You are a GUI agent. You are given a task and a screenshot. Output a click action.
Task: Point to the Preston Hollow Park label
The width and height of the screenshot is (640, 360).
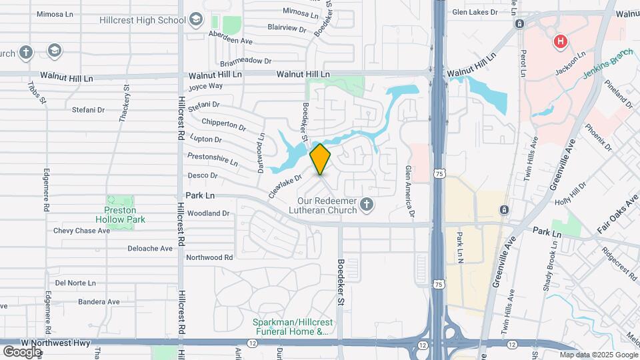(x=125, y=214)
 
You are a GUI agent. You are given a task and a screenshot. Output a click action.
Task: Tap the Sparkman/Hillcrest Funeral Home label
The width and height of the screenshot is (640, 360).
(x=291, y=326)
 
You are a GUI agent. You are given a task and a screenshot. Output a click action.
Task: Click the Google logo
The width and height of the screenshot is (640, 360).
(x=22, y=351)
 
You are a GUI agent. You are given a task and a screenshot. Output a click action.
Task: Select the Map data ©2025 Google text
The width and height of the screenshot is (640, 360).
(x=598, y=355)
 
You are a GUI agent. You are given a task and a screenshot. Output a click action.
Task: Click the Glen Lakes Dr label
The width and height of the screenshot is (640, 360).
(x=475, y=12)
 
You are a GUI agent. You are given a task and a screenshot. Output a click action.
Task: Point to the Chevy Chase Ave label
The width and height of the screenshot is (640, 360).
(x=81, y=231)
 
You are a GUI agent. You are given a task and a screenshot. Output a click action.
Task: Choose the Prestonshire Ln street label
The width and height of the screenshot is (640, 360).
(x=213, y=159)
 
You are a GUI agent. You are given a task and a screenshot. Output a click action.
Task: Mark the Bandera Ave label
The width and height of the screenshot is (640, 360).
(x=98, y=301)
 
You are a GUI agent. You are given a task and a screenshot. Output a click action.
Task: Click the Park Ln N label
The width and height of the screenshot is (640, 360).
(x=459, y=246)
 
